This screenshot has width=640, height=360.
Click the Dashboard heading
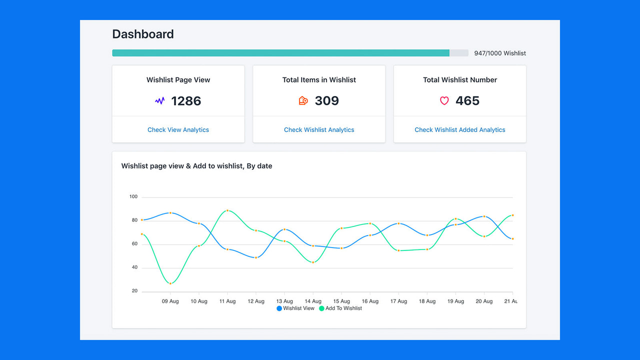[x=143, y=34]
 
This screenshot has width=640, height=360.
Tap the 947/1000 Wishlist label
[x=499, y=53]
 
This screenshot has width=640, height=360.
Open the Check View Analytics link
[x=178, y=130]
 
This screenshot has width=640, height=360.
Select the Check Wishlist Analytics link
[x=319, y=130]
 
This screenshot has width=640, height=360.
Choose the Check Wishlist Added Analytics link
[x=459, y=130]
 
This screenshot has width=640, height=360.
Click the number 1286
[x=186, y=101]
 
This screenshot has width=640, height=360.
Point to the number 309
[x=327, y=101]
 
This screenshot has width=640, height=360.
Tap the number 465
[x=467, y=101]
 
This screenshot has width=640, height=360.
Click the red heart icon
[x=444, y=101]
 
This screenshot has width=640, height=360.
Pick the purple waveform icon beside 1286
[x=159, y=101]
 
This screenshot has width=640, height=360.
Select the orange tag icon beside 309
[x=303, y=101]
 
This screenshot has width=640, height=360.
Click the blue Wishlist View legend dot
[x=279, y=308]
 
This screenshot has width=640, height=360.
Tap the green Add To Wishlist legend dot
[x=321, y=308]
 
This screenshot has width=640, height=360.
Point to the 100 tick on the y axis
[x=133, y=197]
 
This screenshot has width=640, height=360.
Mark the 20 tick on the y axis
[x=134, y=291]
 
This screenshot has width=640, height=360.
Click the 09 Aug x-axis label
[x=170, y=301]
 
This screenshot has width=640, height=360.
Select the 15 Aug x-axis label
[x=341, y=301]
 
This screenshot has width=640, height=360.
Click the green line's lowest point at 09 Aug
[x=170, y=283]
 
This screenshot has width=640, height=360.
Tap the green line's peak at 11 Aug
[x=227, y=210]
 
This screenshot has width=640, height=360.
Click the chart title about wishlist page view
[x=196, y=166]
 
